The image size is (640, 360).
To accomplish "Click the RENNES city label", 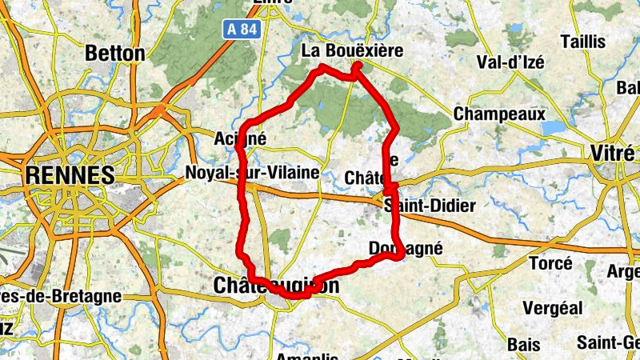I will (70, 174).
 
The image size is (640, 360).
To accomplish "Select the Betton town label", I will (115, 54).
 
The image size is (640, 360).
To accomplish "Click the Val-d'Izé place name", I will (509, 62).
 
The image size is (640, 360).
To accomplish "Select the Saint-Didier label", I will (430, 206).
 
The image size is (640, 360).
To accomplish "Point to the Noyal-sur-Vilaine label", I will (252, 173).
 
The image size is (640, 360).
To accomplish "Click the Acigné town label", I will (240, 138).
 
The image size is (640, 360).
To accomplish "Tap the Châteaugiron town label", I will (277, 286).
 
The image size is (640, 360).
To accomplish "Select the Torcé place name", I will (550, 263).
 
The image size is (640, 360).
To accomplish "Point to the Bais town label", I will (524, 344).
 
